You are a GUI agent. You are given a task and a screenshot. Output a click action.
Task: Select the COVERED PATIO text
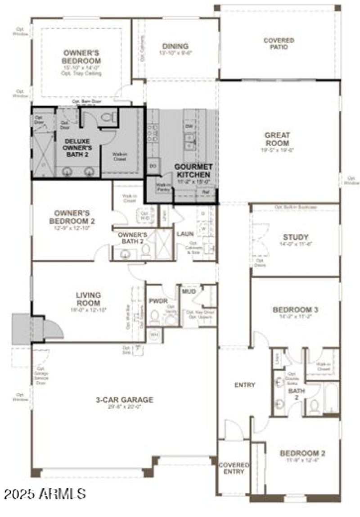(279, 44)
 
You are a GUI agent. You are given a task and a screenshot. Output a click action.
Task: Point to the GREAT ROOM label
(277, 139)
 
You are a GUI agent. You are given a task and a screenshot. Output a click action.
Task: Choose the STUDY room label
(296, 237)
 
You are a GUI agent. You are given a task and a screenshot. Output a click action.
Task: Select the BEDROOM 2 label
(302, 454)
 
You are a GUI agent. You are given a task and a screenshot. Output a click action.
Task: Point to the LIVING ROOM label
(88, 299)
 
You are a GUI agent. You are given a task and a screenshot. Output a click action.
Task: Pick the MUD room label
(188, 291)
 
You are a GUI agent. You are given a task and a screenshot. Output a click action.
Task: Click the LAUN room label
(185, 234)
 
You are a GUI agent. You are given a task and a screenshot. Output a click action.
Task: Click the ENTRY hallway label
(245, 385)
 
